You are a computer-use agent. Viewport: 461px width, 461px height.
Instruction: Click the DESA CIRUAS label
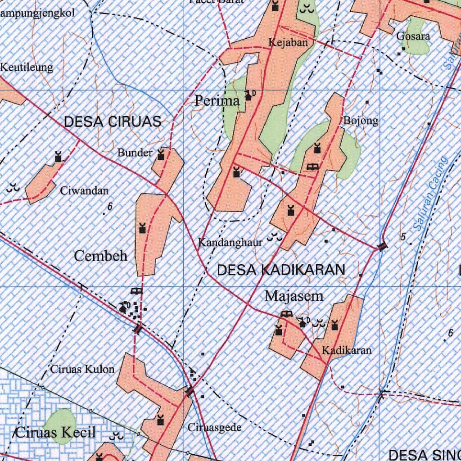tap(113, 122)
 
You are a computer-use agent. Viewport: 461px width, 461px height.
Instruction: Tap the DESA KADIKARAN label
tap(281, 270)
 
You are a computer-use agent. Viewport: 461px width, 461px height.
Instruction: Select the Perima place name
tap(217, 101)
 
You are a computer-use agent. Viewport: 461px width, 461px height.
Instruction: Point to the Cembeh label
tap(101, 256)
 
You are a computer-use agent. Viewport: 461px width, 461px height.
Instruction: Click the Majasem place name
tap(294, 296)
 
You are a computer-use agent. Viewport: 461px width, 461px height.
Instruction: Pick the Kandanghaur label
tap(230, 243)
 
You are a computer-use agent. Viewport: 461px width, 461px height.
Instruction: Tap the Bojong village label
tap(361, 121)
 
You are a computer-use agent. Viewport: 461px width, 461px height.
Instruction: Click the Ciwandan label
tap(84, 191)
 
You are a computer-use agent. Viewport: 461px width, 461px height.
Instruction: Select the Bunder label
tap(135, 153)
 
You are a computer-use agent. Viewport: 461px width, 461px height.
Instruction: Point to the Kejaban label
tap(289, 43)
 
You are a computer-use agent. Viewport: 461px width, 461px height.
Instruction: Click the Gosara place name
tap(413, 36)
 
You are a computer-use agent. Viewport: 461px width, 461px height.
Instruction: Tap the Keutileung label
tap(27, 68)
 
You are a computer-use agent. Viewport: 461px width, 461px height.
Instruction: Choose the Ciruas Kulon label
tap(82, 370)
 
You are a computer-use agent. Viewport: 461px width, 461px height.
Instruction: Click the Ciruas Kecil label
tap(56, 433)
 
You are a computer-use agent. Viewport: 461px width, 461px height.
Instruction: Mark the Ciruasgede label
tap(215, 427)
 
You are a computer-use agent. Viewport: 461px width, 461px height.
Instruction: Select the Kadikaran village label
tap(347, 350)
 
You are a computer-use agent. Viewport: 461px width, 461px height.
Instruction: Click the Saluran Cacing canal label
tap(431, 194)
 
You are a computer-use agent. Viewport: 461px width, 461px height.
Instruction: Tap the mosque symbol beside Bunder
tap(161, 156)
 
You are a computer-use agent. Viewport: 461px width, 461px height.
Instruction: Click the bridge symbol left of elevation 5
tap(382, 246)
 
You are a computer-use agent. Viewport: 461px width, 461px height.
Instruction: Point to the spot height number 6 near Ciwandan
tap(109, 207)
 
